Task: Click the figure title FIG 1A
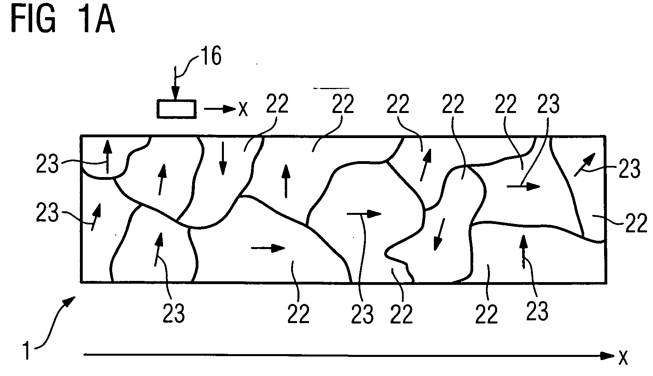[63, 19]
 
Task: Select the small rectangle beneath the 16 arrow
[177, 109]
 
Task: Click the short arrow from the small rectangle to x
[220, 109]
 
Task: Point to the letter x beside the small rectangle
[243, 109]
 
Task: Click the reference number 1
[27, 351]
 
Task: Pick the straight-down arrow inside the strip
[223, 158]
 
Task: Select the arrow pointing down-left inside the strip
[439, 234]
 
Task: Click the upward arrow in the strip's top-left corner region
[107, 157]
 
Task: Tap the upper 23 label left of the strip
[47, 164]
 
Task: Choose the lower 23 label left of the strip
[47, 212]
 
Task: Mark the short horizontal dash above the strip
[331, 88]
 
